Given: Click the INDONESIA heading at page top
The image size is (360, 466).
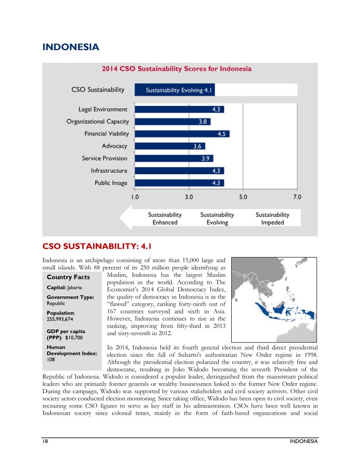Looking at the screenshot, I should coord(71,47).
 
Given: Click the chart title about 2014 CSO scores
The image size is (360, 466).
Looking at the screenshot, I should coord(176,69).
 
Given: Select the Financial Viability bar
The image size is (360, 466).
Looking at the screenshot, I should coord(182,133).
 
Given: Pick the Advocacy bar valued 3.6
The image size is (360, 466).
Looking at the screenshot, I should coord(170,146).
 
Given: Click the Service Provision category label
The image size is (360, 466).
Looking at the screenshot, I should coord(104,158).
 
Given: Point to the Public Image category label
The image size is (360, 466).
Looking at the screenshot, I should coord(111,183).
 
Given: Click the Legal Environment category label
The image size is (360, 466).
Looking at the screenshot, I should coord(103,109).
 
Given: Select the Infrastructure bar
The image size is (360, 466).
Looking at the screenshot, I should coord(179,170).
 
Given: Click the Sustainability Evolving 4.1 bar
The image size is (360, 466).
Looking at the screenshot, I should coord(174,90).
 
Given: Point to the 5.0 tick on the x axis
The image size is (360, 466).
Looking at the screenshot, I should coord(243,197).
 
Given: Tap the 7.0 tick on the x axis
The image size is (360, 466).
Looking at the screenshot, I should coord(297,197).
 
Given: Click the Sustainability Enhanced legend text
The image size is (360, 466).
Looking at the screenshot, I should coord(164,218).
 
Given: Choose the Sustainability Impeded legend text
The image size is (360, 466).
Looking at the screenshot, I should coord(272,218).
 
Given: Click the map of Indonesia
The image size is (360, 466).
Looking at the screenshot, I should coord(274,298).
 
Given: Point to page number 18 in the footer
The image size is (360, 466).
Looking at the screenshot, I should coord(46,441).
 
